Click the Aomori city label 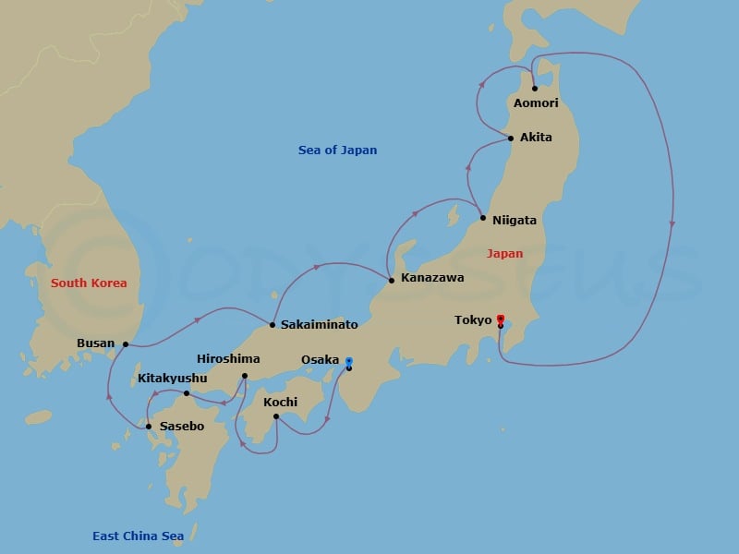[536, 103]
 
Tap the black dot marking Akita [511, 138]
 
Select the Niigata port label [515, 221]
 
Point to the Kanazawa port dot [392, 280]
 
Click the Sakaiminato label [319, 325]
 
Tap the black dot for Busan [126, 344]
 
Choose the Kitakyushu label [174, 379]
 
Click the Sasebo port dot [149, 427]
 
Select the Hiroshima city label [228, 359]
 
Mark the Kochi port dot [276, 416]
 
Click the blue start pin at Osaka [348, 361]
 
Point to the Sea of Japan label [337, 151]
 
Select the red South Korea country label [89, 283]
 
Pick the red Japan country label [505, 254]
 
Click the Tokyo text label [473, 320]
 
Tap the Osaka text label [320, 360]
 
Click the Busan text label [96, 343]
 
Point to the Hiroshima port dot [244, 376]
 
